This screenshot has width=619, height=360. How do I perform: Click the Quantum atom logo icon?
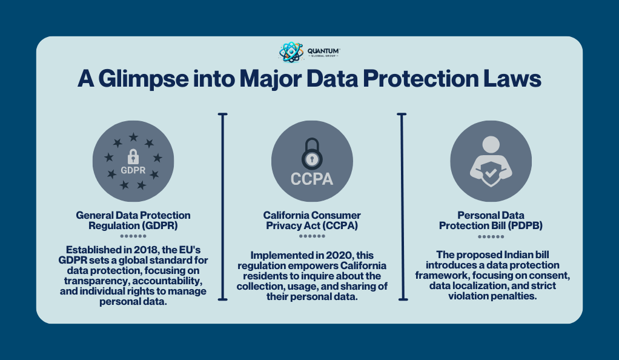click(x=291, y=52)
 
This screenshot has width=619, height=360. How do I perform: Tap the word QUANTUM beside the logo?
click(x=323, y=51)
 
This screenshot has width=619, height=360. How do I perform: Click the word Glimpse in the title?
click(x=144, y=79)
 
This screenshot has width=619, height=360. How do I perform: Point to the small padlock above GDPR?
click(x=133, y=156)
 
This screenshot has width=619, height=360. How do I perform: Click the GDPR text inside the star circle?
click(x=133, y=170)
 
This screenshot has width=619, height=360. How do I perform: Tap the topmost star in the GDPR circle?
click(x=133, y=137)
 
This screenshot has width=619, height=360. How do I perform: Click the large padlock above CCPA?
click(x=312, y=154)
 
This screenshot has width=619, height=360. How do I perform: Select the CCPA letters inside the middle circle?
click(x=312, y=179)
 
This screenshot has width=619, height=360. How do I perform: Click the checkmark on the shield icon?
click(x=491, y=173)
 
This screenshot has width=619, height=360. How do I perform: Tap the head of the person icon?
click(x=491, y=145)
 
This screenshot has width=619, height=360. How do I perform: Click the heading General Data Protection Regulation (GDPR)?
click(x=133, y=221)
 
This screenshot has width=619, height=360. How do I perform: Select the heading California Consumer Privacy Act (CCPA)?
click(x=312, y=221)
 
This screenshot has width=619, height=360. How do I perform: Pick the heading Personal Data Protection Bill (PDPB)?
click(x=491, y=221)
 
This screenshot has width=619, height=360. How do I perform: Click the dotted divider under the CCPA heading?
click(x=312, y=236)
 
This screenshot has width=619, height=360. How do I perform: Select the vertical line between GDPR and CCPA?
click(x=223, y=207)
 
